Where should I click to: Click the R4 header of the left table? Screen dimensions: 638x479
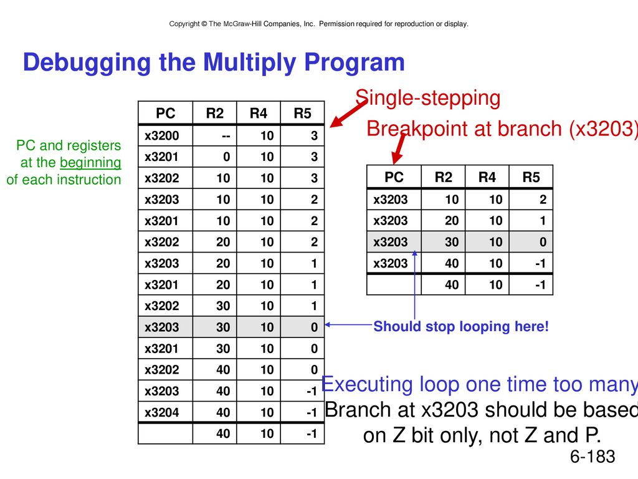click(259, 114)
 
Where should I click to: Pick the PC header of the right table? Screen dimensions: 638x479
click(394, 177)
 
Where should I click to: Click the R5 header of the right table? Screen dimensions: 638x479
click(531, 177)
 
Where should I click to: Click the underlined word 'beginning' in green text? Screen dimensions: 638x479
click(90, 163)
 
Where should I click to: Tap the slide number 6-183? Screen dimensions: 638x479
click(593, 457)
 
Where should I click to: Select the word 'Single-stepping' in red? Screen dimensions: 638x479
click(427, 98)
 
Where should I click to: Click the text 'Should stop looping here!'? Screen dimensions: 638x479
click(461, 326)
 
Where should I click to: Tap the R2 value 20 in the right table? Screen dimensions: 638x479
click(452, 221)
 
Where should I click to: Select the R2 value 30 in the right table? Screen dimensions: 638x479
click(452, 242)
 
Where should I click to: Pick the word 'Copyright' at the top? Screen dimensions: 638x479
click(184, 24)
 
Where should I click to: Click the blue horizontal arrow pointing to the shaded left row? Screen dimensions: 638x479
click(349, 324)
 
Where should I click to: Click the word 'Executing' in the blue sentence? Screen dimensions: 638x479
click(367, 384)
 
